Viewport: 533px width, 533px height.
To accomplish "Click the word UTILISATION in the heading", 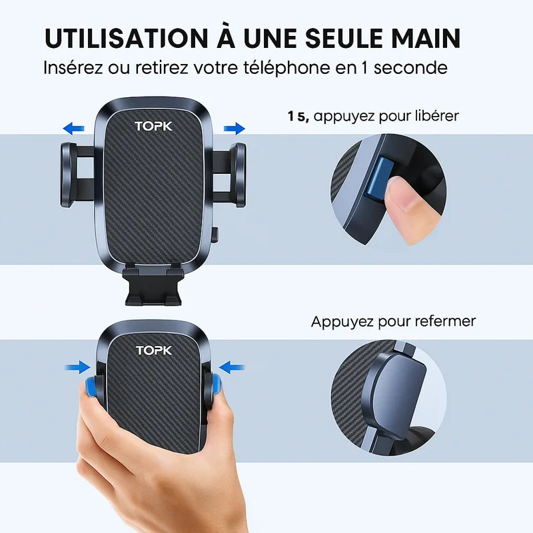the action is tap(126, 38).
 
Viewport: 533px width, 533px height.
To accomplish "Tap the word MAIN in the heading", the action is tap(426, 38).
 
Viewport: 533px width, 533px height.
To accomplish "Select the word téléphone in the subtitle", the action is tap(286, 68).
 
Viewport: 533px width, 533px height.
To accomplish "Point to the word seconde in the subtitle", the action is tap(410, 68).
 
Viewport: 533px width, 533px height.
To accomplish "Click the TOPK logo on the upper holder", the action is tap(154, 127).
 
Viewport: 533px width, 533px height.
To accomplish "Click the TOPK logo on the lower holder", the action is tap(154, 350).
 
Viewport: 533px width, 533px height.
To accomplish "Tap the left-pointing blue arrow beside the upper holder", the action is tap(73, 129).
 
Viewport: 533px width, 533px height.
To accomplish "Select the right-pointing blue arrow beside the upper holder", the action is tap(235, 129).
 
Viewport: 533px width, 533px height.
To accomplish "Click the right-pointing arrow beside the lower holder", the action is tap(78, 367).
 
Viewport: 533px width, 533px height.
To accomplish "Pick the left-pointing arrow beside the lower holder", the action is tap(232, 367).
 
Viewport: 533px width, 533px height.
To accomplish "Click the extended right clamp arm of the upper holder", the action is tap(229, 175).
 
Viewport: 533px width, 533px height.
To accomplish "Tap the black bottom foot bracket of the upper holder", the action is tap(154, 286).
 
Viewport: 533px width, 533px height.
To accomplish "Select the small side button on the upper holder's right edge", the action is tap(215, 235).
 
